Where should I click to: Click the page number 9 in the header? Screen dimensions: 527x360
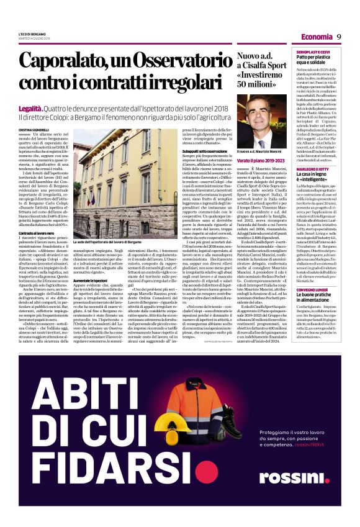pos(340,37)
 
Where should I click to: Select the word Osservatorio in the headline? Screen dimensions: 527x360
pos(182,62)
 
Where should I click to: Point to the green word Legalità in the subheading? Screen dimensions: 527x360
pos(30,91)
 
